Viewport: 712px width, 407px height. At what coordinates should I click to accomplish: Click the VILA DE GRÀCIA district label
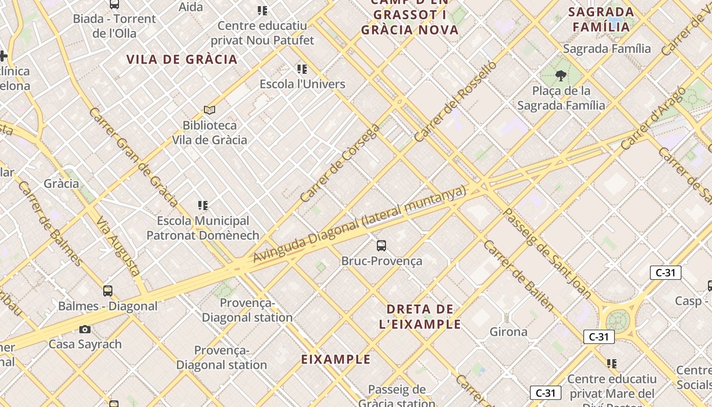(x=182, y=60)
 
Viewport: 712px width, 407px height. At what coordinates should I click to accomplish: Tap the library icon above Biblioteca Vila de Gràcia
(x=210, y=110)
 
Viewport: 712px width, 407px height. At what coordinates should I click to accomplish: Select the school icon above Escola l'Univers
(x=302, y=69)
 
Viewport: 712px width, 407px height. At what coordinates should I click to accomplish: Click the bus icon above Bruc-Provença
(x=381, y=246)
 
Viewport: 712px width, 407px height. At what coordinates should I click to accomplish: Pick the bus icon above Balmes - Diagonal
(x=108, y=291)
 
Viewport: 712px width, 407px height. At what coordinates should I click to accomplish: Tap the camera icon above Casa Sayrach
(x=85, y=329)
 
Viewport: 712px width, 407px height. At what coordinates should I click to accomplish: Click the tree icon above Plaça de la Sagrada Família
(x=561, y=76)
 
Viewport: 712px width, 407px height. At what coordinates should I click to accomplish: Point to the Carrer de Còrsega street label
(x=340, y=163)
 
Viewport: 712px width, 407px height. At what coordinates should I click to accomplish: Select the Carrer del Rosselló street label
(x=455, y=102)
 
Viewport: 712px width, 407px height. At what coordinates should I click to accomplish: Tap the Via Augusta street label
(x=118, y=246)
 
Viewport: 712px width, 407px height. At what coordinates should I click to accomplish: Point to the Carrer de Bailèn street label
(x=518, y=275)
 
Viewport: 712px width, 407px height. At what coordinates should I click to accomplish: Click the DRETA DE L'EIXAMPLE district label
(x=420, y=316)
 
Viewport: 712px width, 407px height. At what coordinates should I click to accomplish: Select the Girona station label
(x=508, y=332)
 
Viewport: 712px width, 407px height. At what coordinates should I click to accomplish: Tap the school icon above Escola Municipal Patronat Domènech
(x=203, y=206)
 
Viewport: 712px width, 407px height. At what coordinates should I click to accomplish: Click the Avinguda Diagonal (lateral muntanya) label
(x=359, y=224)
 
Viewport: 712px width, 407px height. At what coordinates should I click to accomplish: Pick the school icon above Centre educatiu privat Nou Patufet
(x=262, y=11)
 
